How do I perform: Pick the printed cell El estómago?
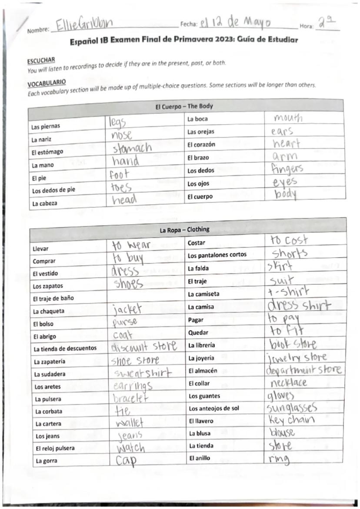pos(47,152)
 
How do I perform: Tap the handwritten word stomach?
pos(131,148)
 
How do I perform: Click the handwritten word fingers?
pos(287,168)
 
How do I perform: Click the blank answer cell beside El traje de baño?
pos(147,298)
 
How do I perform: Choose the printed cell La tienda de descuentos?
pos(65,348)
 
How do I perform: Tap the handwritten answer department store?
pos(303,370)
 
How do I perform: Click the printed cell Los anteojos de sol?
pos(213,409)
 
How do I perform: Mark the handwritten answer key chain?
pos(292,420)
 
